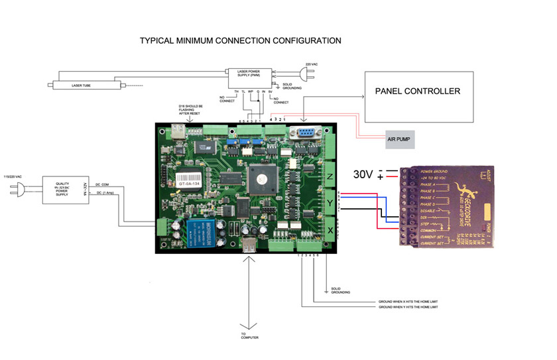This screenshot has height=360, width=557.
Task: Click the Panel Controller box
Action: point(416,92)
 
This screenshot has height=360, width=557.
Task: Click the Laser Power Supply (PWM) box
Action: point(249,75)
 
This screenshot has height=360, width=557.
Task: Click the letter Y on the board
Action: point(330,201)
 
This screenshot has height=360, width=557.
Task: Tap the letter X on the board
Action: point(330,229)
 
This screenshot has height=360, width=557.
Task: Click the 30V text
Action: point(363,174)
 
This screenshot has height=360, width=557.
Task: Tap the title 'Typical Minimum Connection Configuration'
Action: point(240,40)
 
